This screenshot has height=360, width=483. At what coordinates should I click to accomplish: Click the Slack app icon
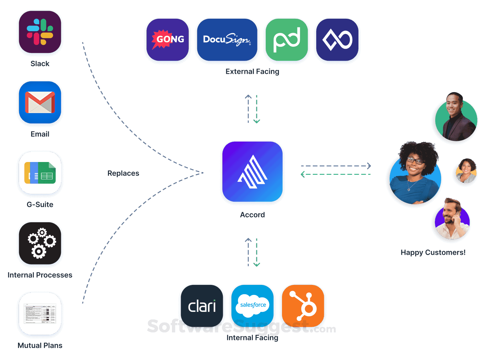point(40,33)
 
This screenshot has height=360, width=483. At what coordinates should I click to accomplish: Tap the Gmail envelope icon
point(40,103)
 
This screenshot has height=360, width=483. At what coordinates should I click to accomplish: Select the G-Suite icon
point(40,173)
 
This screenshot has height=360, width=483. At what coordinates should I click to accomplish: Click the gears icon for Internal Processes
point(40,244)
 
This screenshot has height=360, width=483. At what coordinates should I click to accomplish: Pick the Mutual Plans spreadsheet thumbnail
point(40,314)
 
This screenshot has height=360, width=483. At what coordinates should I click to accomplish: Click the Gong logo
point(168,40)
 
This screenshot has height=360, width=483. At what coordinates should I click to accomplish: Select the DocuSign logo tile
point(227,40)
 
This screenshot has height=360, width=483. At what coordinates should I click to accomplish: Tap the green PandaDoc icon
point(286,40)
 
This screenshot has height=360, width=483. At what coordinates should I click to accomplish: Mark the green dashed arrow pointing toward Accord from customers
point(336,174)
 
